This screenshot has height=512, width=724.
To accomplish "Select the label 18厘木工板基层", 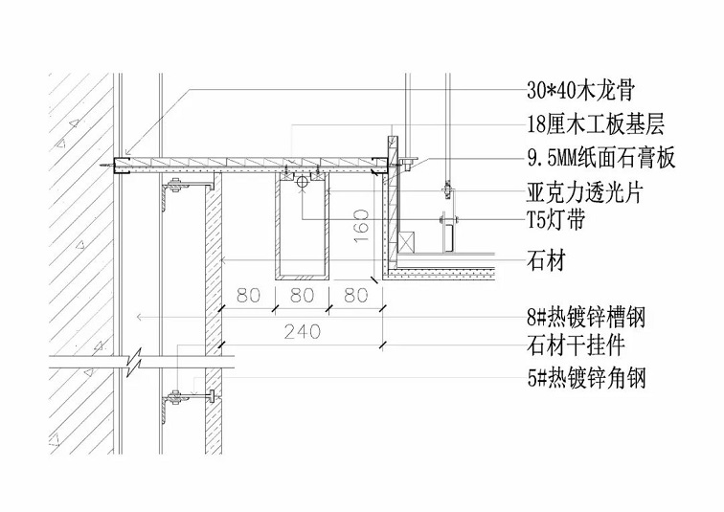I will tap(595, 124).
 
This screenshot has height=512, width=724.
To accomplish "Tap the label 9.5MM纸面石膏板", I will tap(601, 158).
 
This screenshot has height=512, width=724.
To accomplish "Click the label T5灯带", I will tap(568, 221).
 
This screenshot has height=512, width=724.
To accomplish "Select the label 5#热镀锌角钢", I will tap(586, 379).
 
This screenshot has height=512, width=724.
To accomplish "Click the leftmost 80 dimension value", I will tap(248, 296).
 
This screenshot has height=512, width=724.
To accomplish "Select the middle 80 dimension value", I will tap(302, 296).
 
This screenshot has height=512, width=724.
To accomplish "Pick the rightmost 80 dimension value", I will tap(355, 296).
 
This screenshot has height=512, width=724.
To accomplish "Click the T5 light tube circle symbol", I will tap(302, 181).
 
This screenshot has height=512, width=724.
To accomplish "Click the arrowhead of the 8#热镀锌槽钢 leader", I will tap(140, 316).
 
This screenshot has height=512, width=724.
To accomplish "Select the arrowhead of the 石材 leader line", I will tap(222, 259).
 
